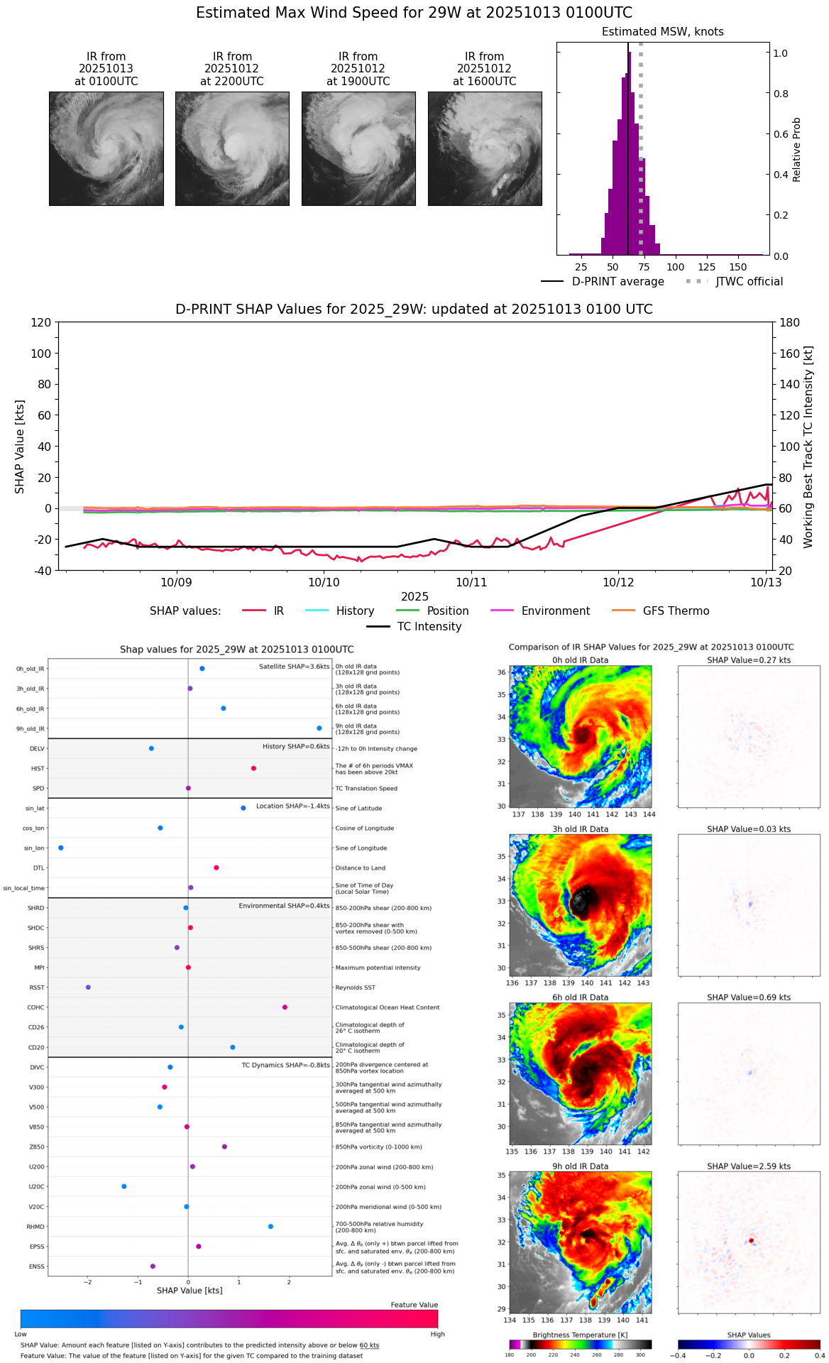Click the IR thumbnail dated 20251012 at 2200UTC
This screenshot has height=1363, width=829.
pyautogui.click(x=232, y=148)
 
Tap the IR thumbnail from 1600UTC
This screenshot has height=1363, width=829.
pyautogui.click(x=485, y=148)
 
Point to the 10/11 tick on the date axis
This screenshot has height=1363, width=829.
pyautogui.click(x=471, y=582)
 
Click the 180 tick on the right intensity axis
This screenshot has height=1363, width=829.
pyautogui.click(x=790, y=322)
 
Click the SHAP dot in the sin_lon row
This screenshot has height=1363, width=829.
pyautogui.click(x=61, y=848)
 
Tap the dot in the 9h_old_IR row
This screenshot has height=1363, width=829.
pyautogui.click(x=319, y=728)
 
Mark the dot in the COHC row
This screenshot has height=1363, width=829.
pyautogui.click(x=285, y=1007)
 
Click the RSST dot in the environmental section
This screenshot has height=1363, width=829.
pyautogui.click(x=88, y=987)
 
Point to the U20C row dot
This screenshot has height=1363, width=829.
pyautogui.click(x=124, y=1186)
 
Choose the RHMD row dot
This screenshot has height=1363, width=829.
pyautogui.click(x=270, y=1227)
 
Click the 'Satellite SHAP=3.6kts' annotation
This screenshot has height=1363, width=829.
pyautogui.click(x=294, y=667)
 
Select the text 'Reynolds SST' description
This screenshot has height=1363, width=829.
pyautogui.click(x=355, y=987)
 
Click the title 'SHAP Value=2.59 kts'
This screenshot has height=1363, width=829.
pyautogui.click(x=748, y=1166)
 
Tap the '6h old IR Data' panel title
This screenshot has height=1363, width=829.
pyautogui.click(x=580, y=997)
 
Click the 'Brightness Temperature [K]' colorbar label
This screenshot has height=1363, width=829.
pyautogui.click(x=580, y=1335)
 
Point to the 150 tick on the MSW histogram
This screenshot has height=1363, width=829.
pyautogui.click(x=738, y=267)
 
